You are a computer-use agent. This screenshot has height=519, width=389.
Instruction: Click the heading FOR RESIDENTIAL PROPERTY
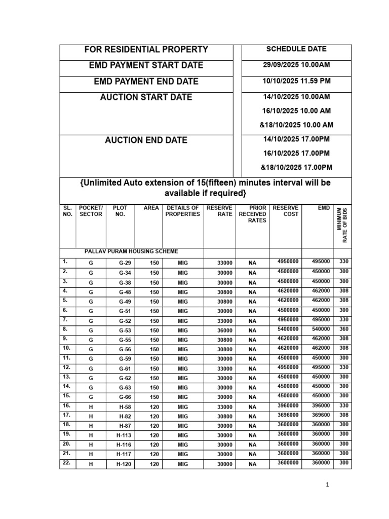tap(146, 50)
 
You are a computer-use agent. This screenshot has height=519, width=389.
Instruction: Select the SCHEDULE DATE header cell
tap(296, 49)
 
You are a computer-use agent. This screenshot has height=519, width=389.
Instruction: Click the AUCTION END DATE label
tap(146, 140)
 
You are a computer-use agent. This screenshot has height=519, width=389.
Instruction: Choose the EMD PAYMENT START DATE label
tap(146, 65)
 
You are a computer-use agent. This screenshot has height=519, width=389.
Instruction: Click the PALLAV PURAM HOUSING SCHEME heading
tap(131, 251)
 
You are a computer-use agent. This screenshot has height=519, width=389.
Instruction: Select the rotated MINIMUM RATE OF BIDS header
tap(342, 226)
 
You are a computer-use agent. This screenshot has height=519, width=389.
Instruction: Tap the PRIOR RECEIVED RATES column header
tap(252, 214)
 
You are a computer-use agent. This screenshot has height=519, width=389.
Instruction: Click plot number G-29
tap(125, 263)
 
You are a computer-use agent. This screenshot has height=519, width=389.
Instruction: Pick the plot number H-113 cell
tap(125, 435)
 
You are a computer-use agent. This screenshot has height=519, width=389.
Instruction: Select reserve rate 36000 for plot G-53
tap(225, 330)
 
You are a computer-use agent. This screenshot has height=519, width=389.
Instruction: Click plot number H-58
tap(125, 406)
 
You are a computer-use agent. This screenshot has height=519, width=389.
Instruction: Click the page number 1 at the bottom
tap(328, 485)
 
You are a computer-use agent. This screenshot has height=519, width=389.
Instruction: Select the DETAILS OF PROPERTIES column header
tap(182, 211)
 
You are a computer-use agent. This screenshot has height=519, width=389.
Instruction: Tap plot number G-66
tap(125, 397)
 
